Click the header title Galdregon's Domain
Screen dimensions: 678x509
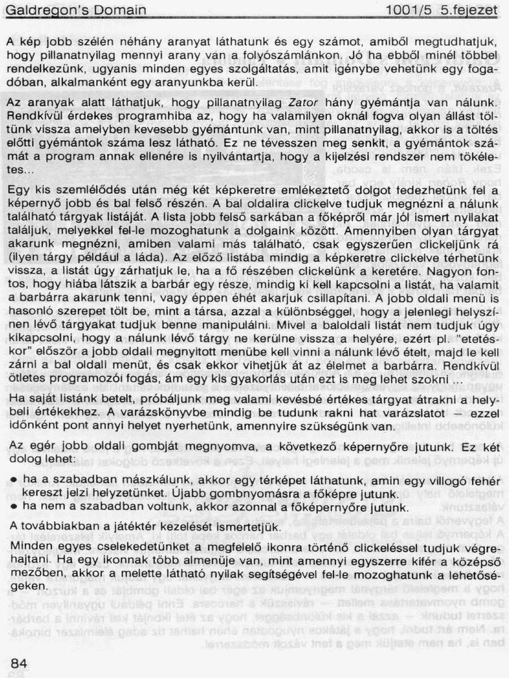tap(76, 10)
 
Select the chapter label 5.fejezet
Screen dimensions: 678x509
tap(469, 10)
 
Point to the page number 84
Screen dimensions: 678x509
tap(19, 663)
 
